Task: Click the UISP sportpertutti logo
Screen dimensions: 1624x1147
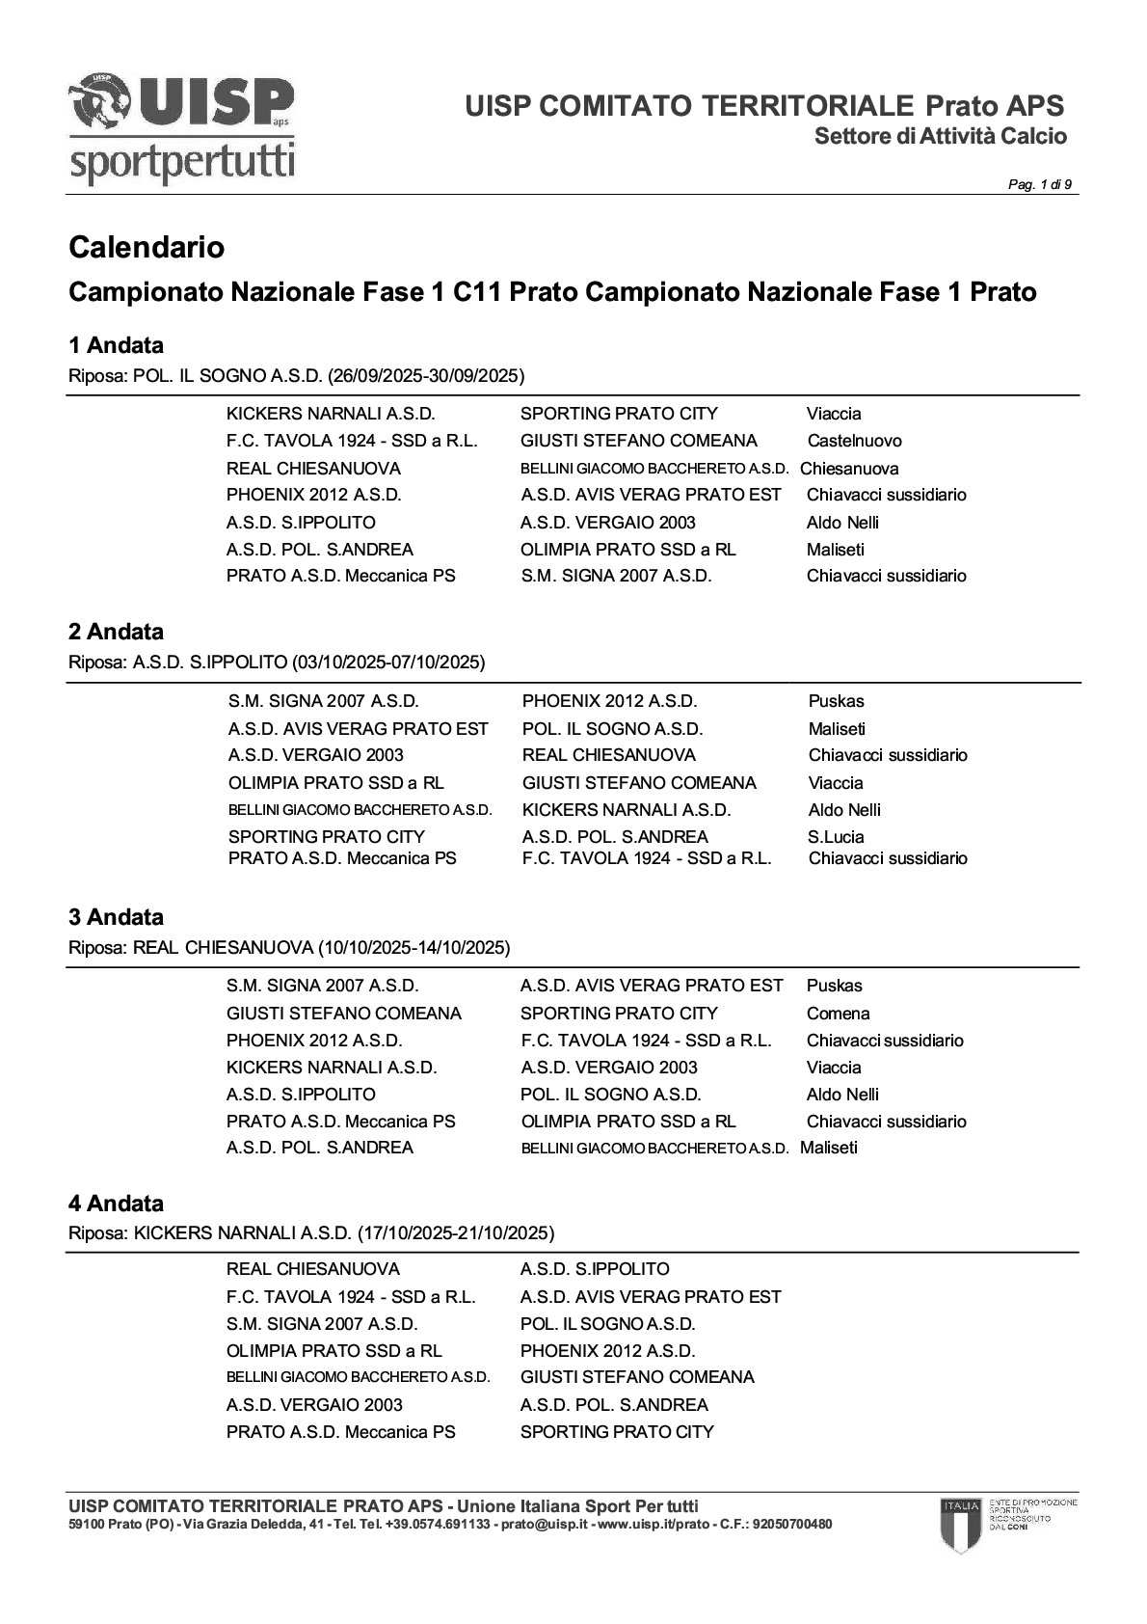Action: [181, 128]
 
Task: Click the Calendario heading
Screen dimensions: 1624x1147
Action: [147, 248]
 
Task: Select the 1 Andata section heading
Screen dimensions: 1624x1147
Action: [116, 345]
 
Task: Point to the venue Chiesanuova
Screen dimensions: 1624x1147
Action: [849, 469]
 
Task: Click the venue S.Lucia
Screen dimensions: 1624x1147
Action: [836, 837]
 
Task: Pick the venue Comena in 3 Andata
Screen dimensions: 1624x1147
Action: [838, 1014]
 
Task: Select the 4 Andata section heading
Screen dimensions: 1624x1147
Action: [116, 1204]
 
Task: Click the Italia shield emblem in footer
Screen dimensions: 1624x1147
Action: [960, 1524]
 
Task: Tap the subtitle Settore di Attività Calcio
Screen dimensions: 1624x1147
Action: [940, 136]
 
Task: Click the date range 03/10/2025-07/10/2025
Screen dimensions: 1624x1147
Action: [387, 663]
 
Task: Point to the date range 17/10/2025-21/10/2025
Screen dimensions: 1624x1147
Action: [455, 1233]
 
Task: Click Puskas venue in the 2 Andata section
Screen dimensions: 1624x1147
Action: [836, 701]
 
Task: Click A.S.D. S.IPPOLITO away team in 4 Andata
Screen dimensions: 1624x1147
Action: [594, 1269]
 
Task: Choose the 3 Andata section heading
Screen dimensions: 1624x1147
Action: [116, 917]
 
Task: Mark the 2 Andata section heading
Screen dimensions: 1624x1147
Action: [116, 632]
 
